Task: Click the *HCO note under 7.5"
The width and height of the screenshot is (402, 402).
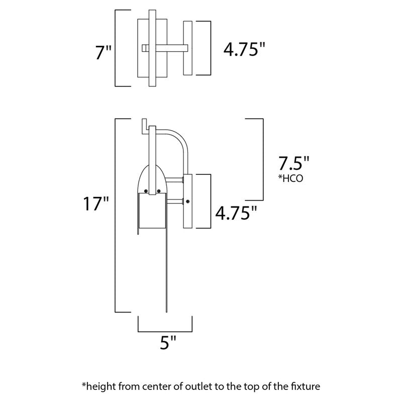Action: click(290, 178)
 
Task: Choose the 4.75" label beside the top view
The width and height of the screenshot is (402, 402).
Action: click(244, 50)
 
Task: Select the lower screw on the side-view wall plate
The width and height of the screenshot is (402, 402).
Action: click(187, 202)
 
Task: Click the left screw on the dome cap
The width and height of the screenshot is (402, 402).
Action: click(145, 190)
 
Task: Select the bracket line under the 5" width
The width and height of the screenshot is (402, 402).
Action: click(165, 331)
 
